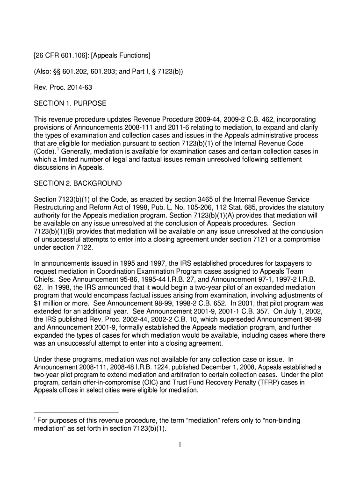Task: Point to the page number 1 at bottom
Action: tap(180, 445)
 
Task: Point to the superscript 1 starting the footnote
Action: tap(36, 419)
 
